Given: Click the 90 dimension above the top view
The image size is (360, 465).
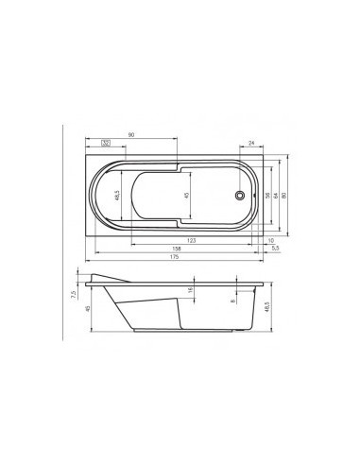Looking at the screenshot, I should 131,136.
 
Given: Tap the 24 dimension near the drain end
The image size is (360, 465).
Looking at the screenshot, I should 250,144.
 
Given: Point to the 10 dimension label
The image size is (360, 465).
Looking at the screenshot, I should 270,241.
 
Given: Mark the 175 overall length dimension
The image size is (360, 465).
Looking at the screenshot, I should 175,258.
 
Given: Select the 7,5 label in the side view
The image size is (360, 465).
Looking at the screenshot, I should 72,294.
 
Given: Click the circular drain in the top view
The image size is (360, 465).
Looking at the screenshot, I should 241,196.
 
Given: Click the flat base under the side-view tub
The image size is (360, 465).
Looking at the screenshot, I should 180,333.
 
